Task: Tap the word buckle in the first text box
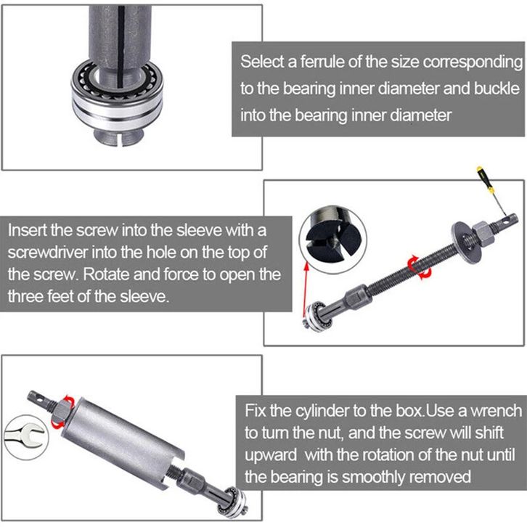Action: point(497,89)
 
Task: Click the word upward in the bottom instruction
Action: point(271,455)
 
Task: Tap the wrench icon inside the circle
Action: point(25,436)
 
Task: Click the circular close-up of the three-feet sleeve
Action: point(332,239)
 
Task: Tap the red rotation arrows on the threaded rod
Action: point(419,267)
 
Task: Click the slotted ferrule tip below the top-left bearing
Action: point(119,137)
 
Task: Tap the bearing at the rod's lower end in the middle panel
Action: point(318,317)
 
